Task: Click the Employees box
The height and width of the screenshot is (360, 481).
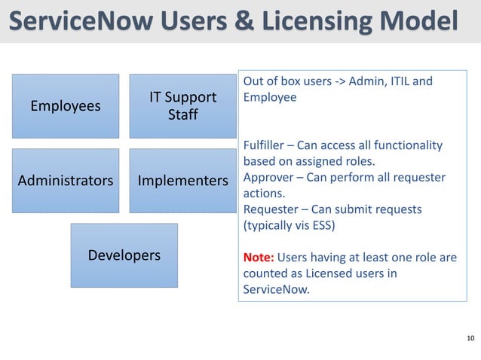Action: point(65,106)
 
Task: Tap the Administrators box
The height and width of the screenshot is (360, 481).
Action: point(65,181)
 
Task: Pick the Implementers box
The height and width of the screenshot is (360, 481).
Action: point(183,181)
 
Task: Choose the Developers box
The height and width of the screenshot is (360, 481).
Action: point(124,255)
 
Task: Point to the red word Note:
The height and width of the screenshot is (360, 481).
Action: point(259,258)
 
